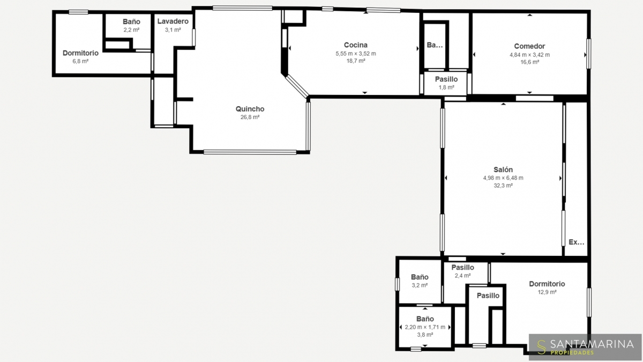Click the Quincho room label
point(250,109)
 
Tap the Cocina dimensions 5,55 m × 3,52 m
point(356,54)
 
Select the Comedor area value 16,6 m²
point(529,62)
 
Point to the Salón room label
point(503,169)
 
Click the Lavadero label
point(173,21)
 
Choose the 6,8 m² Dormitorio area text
point(80,61)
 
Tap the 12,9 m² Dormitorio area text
point(547,292)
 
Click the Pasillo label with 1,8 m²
point(446,79)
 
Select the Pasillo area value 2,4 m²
point(463,276)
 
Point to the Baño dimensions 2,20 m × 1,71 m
point(425,327)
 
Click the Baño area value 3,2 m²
point(420,285)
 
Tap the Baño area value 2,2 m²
point(131,29)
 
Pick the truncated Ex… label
point(577,242)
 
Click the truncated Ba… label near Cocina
point(435,45)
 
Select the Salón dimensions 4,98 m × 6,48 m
point(503,178)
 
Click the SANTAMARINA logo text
point(592,344)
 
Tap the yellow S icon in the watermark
point(541,347)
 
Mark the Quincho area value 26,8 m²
point(250,117)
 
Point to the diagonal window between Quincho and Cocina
point(297,86)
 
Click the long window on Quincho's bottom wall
point(250,152)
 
